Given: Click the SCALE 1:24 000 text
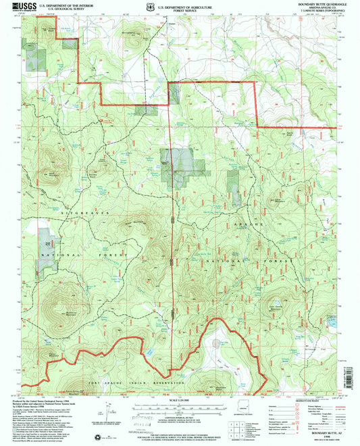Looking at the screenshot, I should pos(180,404).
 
